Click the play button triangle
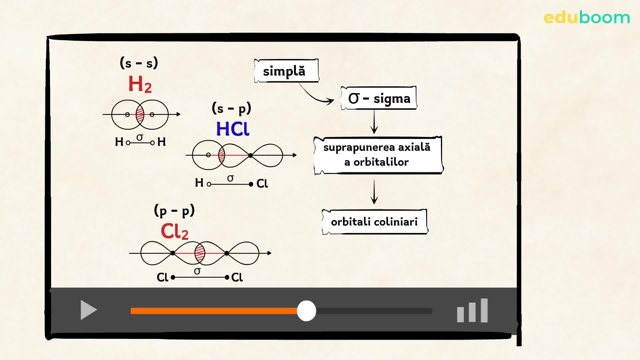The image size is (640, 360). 88,310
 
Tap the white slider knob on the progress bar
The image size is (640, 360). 306,311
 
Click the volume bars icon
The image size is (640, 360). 472,311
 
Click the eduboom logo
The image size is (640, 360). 586,17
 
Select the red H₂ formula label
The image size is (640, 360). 140,84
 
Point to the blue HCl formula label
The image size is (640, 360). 232,129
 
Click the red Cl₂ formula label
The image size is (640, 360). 174,231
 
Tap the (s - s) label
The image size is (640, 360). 139,63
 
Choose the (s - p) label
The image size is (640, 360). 231,108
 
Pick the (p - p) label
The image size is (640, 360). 174,211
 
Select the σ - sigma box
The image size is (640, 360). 379,98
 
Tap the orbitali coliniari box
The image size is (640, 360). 374,222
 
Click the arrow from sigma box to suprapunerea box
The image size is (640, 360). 374,122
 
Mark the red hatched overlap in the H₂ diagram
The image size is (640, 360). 140,115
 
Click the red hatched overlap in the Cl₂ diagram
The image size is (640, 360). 200,253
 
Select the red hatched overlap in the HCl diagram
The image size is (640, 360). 222,155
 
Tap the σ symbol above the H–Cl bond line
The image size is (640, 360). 230,178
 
